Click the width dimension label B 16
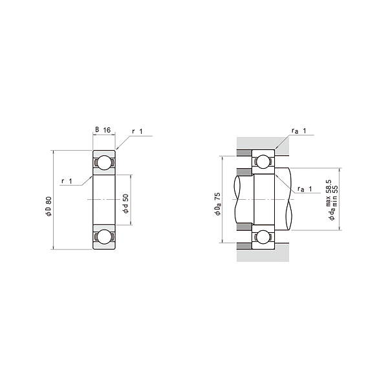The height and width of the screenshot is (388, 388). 104,130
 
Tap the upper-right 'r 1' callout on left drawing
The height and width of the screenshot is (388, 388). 138,131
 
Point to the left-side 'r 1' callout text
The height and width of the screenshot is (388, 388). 67,180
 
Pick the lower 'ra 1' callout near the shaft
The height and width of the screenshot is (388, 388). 305,189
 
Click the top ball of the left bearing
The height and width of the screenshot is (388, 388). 103,164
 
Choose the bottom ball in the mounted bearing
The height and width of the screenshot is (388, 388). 264,237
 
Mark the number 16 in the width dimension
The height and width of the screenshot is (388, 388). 107,130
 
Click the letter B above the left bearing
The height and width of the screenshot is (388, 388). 98,130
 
